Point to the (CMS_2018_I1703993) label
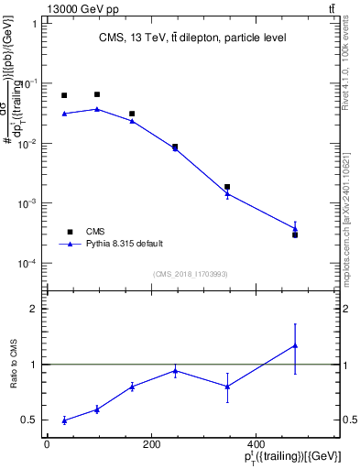coord(191,273)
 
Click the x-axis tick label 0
coord(47,444)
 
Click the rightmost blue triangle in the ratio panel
coord(295,345)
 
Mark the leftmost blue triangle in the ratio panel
coord(64,420)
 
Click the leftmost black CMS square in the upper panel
coord(64,95)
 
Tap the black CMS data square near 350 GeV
coord(227,187)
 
